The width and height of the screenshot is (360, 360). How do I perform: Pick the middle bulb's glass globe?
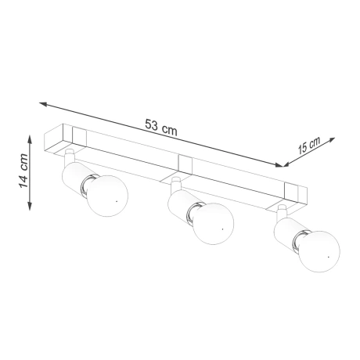pos(214,225)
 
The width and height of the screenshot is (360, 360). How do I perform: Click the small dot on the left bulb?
pos(114,202)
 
